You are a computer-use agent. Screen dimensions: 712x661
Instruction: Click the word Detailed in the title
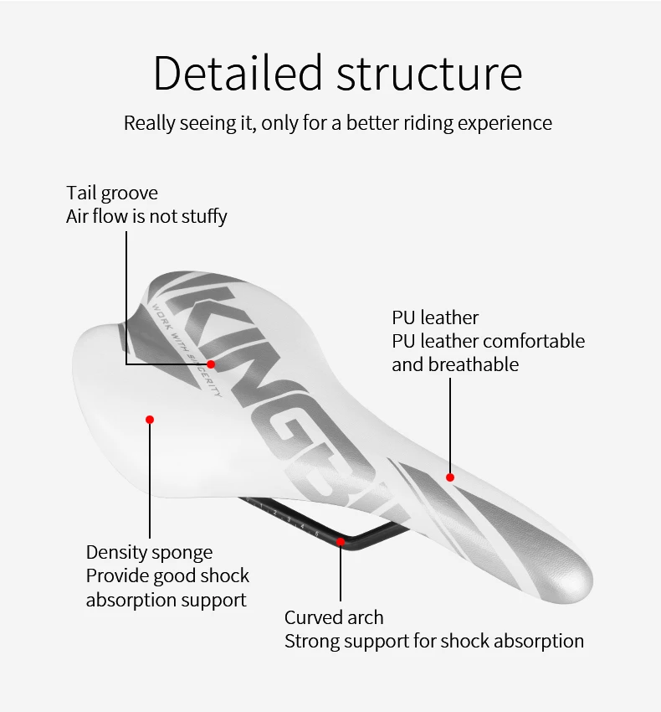238,73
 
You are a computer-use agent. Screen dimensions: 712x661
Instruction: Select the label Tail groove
112,193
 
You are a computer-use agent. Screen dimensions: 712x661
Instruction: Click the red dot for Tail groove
211,364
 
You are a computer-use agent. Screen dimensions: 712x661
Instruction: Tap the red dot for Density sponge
150,419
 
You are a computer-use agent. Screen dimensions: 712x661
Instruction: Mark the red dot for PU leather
450,477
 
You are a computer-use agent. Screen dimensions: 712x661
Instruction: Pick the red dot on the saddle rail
341,542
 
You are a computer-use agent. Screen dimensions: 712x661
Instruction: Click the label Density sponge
149,553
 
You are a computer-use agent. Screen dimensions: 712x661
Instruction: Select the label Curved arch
334,618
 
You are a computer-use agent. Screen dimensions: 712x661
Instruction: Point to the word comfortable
534,341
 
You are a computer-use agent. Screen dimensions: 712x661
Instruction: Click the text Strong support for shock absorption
433,642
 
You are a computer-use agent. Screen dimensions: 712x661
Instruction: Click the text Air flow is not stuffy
146,216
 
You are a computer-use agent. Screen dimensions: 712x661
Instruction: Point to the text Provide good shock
167,576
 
